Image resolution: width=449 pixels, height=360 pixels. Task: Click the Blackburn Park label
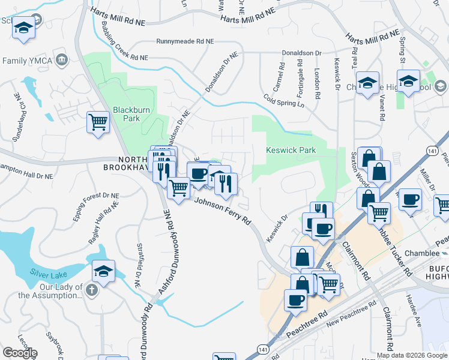(126, 114)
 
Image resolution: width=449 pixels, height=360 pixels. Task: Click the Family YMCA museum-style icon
(62, 60)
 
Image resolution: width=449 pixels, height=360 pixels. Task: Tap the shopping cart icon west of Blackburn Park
(98, 122)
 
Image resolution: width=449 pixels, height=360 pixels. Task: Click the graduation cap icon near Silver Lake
(103, 271)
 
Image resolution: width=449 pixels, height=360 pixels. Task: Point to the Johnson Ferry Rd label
(222, 212)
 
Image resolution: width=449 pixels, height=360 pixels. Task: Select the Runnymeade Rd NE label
(185, 42)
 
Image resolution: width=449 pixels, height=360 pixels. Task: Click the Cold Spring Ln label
(285, 101)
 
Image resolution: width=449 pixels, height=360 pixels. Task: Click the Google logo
(20, 352)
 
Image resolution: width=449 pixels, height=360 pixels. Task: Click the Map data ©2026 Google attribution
(412, 355)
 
